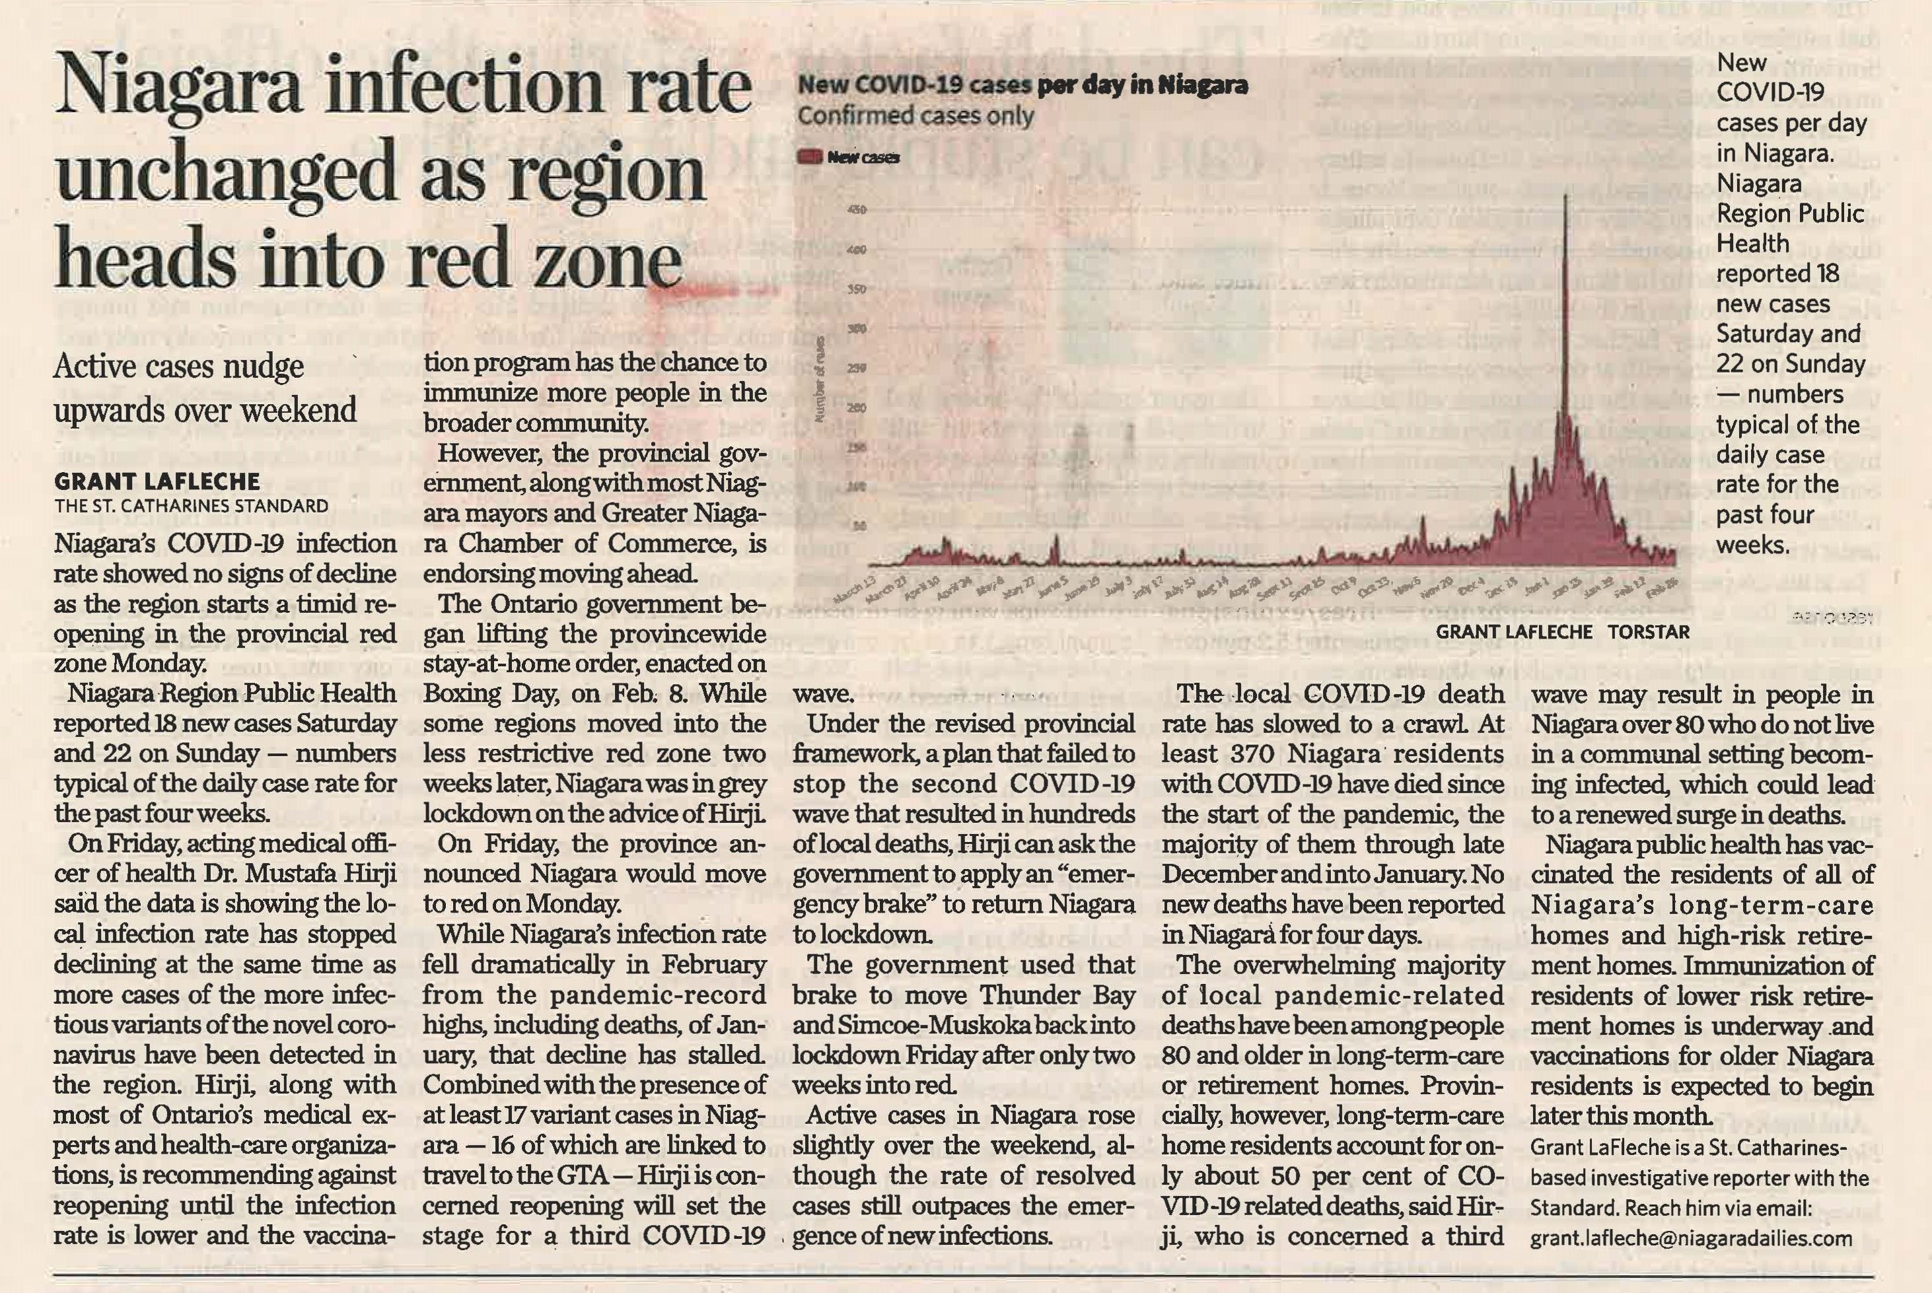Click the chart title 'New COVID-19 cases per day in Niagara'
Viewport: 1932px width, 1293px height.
click(1022, 86)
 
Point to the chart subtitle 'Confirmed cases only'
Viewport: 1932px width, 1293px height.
click(915, 116)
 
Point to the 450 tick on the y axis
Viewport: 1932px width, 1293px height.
click(857, 210)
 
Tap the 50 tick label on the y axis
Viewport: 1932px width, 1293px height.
click(860, 526)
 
